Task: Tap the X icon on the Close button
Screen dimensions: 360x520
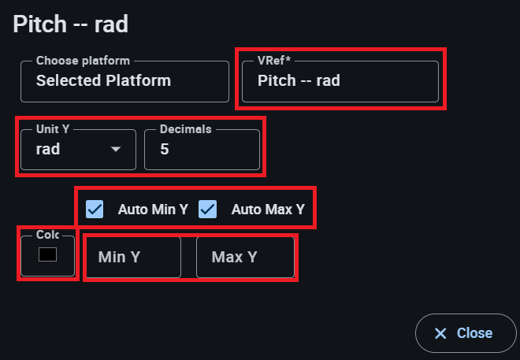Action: [x=440, y=333]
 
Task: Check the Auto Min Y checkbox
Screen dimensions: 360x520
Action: [x=95, y=210]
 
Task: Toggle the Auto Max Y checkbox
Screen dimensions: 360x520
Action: [x=208, y=210]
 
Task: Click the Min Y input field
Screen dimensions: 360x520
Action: [x=132, y=257]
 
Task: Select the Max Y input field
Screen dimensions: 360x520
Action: [x=245, y=257]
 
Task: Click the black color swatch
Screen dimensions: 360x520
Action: [x=47, y=254]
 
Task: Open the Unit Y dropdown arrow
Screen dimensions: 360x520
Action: [x=116, y=149]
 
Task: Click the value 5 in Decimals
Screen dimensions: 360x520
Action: [x=165, y=149]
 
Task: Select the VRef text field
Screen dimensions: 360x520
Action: [x=340, y=81]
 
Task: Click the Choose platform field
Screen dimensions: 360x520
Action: [x=124, y=81]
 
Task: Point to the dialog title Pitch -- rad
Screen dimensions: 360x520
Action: [x=71, y=24]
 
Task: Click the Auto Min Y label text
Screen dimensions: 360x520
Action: [x=153, y=210]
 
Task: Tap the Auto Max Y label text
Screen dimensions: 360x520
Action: [x=268, y=210]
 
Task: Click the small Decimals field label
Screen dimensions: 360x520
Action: [x=186, y=129]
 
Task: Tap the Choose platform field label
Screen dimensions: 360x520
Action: [x=83, y=61]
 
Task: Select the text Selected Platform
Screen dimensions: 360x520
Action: [x=103, y=80]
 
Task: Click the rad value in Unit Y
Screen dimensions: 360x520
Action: [x=48, y=149]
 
